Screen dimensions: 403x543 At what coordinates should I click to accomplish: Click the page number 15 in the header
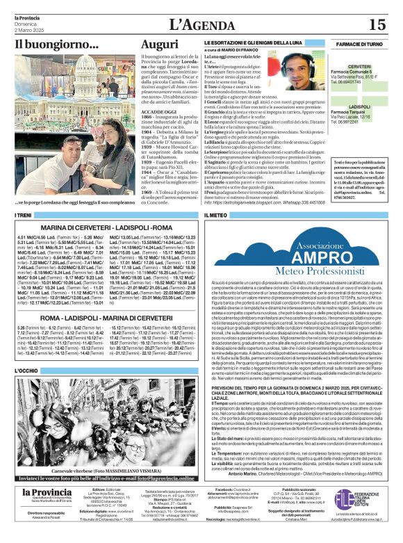click(377, 24)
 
